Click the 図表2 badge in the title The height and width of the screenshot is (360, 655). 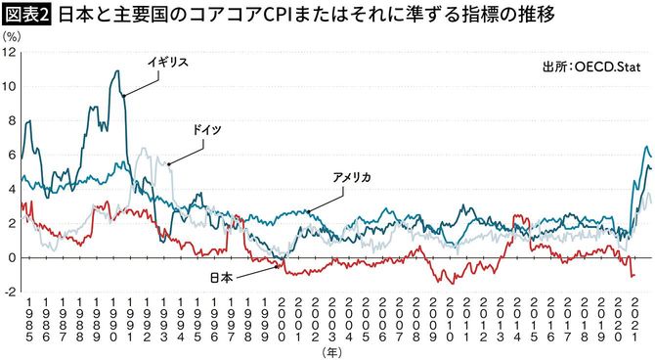click(26, 15)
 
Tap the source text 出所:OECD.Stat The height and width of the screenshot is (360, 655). click(589, 67)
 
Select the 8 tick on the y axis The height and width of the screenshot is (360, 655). click(11, 120)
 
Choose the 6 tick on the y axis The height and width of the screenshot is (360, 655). click(11, 155)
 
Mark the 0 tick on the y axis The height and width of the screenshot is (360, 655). click(11, 258)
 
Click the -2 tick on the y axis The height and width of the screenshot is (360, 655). click(9, 292)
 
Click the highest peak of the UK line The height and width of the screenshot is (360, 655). click(117, 70)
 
